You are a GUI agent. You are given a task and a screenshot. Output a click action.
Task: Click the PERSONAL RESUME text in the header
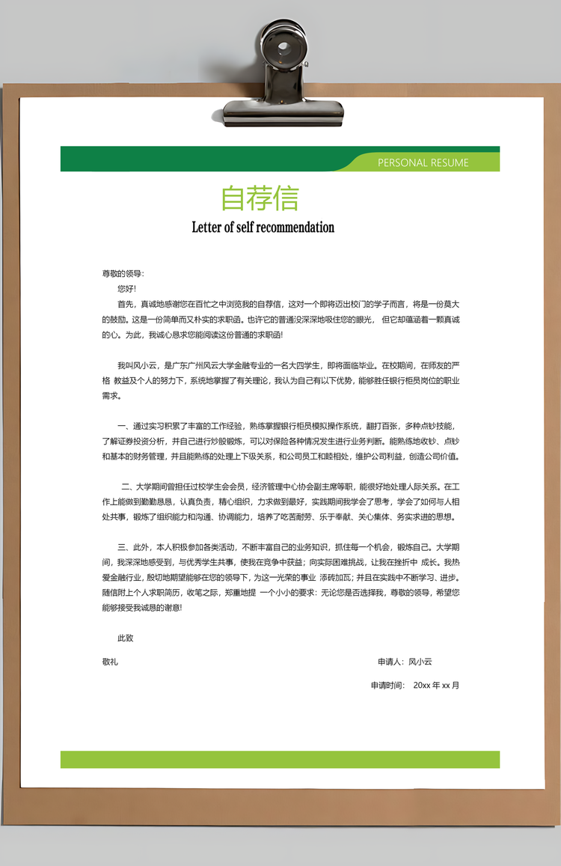point(423,162)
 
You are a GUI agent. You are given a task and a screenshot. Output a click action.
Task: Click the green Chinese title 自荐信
point(260,198)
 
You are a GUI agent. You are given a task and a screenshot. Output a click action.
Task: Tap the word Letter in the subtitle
point(206,227)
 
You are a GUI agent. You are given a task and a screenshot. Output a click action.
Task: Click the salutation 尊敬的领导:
point(123,273)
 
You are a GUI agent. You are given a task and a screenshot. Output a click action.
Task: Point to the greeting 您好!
point(127,288)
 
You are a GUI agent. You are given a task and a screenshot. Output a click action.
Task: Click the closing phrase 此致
point(125,638)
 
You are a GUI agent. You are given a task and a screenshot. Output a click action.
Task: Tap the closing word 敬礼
point(110,662)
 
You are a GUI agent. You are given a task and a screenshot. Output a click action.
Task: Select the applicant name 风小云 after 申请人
point(420,662)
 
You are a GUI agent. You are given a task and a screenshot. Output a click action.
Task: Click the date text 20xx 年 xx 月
point(436,685)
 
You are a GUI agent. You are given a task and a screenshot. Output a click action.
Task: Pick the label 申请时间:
point(387,685)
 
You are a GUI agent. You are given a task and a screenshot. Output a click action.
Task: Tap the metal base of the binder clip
point(283,113)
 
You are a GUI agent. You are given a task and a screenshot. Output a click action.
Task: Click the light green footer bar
point(280,759)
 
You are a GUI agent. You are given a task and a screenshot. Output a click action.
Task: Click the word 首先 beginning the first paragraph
point(125,304)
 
